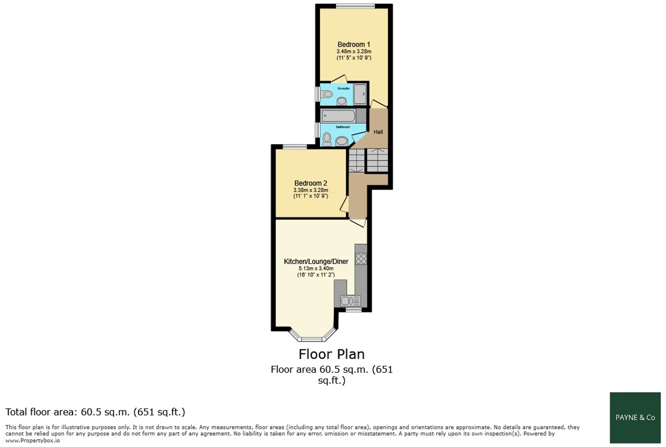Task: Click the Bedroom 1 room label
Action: (354, 45)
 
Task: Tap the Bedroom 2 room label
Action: (311, 183)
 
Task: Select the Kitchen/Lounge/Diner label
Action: (316, 261)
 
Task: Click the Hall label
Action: (378, 132)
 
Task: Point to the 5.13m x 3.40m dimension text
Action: (316, 269)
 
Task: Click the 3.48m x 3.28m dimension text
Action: (354, 52)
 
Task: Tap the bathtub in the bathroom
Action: (338, 116)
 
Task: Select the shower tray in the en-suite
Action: (360, 94)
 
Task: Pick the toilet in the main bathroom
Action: (327, 139)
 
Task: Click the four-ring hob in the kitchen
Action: (361, 259)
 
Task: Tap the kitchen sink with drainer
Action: (350, 300)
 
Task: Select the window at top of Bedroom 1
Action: (355, 6)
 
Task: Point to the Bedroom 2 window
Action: (295, 147)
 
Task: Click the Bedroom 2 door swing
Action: (344, 204)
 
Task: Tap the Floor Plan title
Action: (332, 354)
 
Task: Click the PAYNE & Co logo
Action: (635, 417)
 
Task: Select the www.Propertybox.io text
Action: (33, 441)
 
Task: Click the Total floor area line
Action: (95, 412)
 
